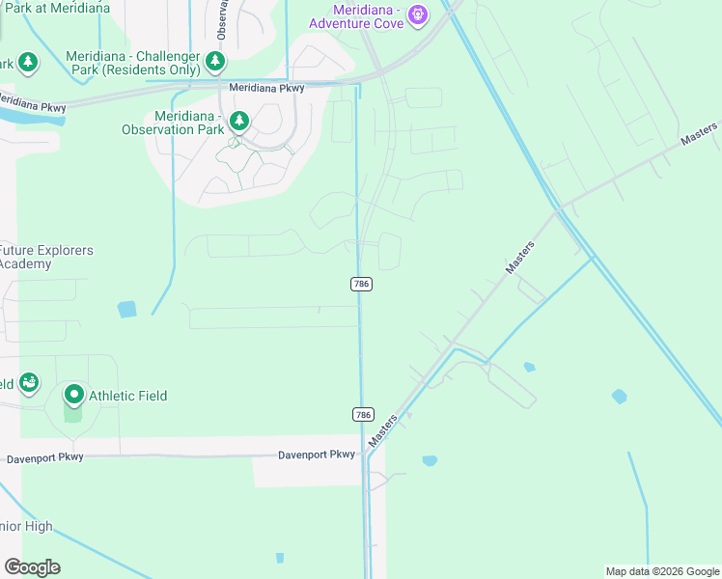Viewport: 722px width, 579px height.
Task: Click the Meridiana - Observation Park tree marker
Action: (x=238, y=122)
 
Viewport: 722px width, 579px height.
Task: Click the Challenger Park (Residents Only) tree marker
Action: (x=215, y=63)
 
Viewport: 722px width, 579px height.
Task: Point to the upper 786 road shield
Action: (x=361, y=284)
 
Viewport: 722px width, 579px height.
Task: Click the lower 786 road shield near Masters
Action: (x=362, y=414)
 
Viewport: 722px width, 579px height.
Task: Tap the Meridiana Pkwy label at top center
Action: (x=267, y=88)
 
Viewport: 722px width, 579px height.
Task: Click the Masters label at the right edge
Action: (x=699, y=134)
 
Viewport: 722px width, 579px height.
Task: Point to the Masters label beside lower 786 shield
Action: (x=383, y=430)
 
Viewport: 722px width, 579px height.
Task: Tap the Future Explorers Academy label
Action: (x=46, y=257)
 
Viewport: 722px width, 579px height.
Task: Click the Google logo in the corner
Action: (x=32, y=567)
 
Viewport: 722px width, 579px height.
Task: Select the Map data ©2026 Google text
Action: (x=662, y=571)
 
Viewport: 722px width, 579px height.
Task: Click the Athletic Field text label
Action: (x=127, y=396)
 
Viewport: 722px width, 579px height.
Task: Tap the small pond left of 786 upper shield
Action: (x=127, y=309)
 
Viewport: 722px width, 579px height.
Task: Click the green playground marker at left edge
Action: (x=29, y=383)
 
